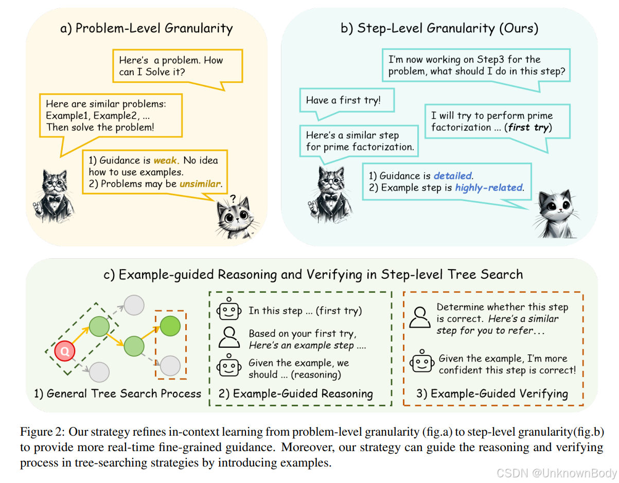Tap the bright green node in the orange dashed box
click(170, 326)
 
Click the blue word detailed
click(453, 176)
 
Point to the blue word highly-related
click(489, 188)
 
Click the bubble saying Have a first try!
click(344, 100)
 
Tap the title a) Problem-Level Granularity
click(147, 28)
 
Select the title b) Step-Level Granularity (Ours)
click(439, 28)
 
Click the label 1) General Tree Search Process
click(117, 393)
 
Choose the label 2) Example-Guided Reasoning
click(296, 393)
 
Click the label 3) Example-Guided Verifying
click(492, 393)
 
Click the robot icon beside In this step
click(229, 311)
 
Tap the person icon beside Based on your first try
click(229, 338)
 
